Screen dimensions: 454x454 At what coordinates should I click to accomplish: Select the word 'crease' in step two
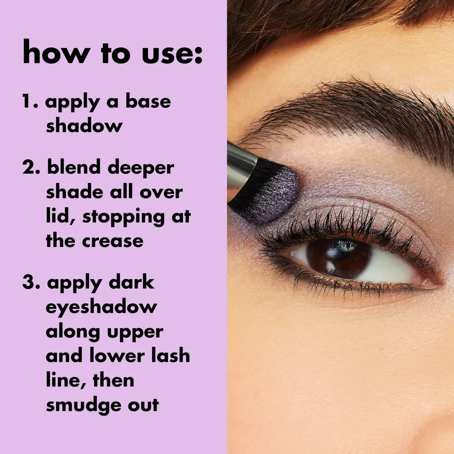click(x=113, y=241)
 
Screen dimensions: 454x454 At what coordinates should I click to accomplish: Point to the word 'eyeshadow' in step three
click(x=101, y=307)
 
